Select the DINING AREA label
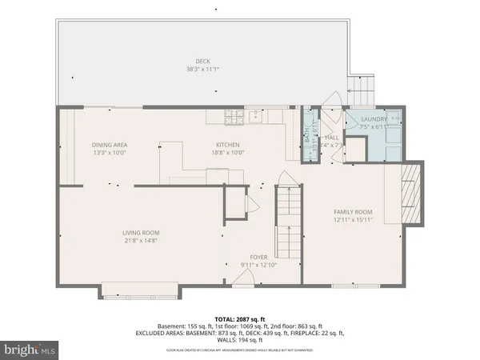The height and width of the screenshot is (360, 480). coord(110,145)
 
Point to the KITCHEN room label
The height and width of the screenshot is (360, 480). coord(226,145)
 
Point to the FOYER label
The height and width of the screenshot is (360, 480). coord(258,258)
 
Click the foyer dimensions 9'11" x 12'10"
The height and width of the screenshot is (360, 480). coord(258,265)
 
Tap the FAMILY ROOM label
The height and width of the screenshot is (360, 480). coord(354,212)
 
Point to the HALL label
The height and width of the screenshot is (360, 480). coord(332,138)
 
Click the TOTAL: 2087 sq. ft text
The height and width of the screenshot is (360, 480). coord(240,319)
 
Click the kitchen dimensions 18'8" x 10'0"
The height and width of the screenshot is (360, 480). coord(226,152)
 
